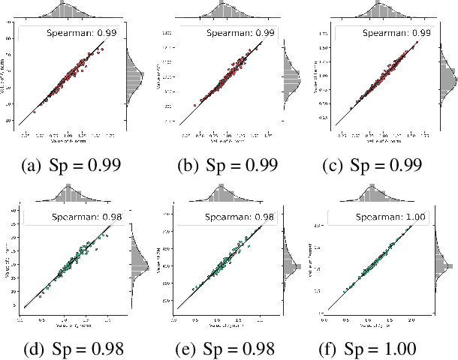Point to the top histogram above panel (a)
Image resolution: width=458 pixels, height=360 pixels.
[71, 13]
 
